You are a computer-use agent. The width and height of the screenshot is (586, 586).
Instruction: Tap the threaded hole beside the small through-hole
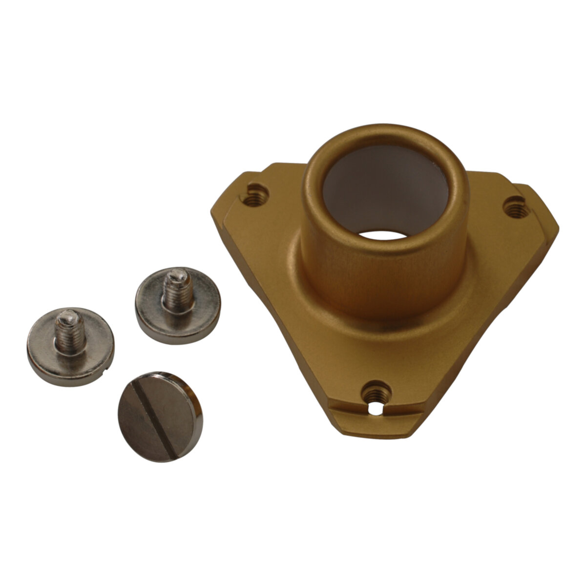(x=377, y=391)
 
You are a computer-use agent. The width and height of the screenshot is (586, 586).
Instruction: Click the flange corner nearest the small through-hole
(x=376, y=432)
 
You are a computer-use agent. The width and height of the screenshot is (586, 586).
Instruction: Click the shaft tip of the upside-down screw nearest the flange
(x=176, y=276)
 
